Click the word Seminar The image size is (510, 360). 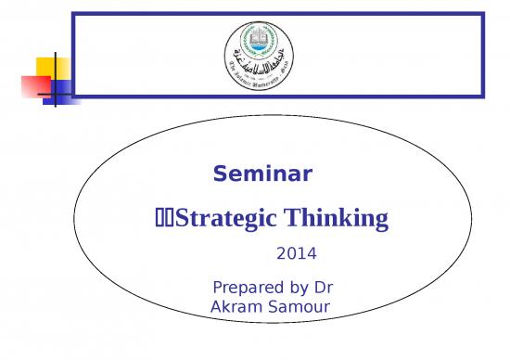(262, 174)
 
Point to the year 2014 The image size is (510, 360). (297, 251)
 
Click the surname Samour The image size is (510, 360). (299, 305)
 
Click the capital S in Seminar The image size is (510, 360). (221, 174)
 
